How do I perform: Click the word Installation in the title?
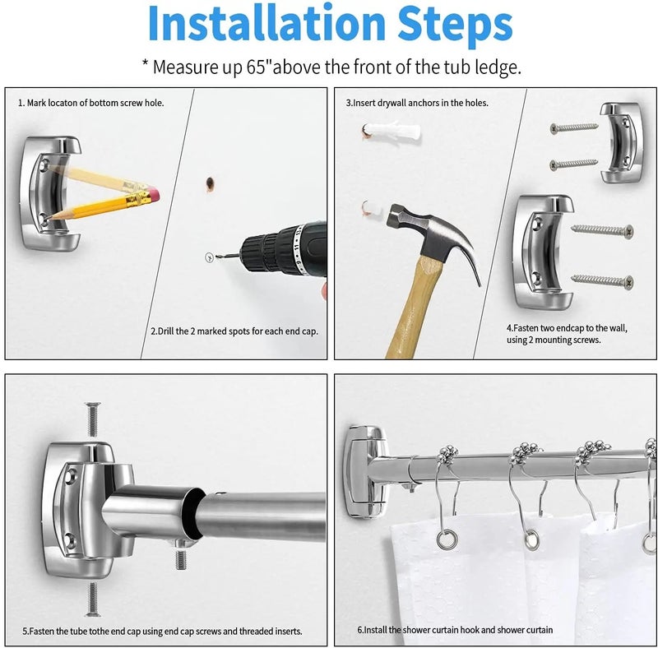(266, 24)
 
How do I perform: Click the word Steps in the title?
(455, 24)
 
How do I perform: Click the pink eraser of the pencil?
(153, 195)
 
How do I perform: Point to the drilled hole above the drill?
(210, 183)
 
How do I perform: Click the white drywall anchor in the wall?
(392, 131)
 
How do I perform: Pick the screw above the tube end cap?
(93, 419)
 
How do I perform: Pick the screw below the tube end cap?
(93, 599)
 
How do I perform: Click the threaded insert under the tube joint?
(181, 555)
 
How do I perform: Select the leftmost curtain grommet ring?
(447, 539)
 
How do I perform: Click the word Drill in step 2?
(165, 331)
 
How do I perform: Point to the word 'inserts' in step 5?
(289, 632)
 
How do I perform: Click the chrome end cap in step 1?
(50, 194)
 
